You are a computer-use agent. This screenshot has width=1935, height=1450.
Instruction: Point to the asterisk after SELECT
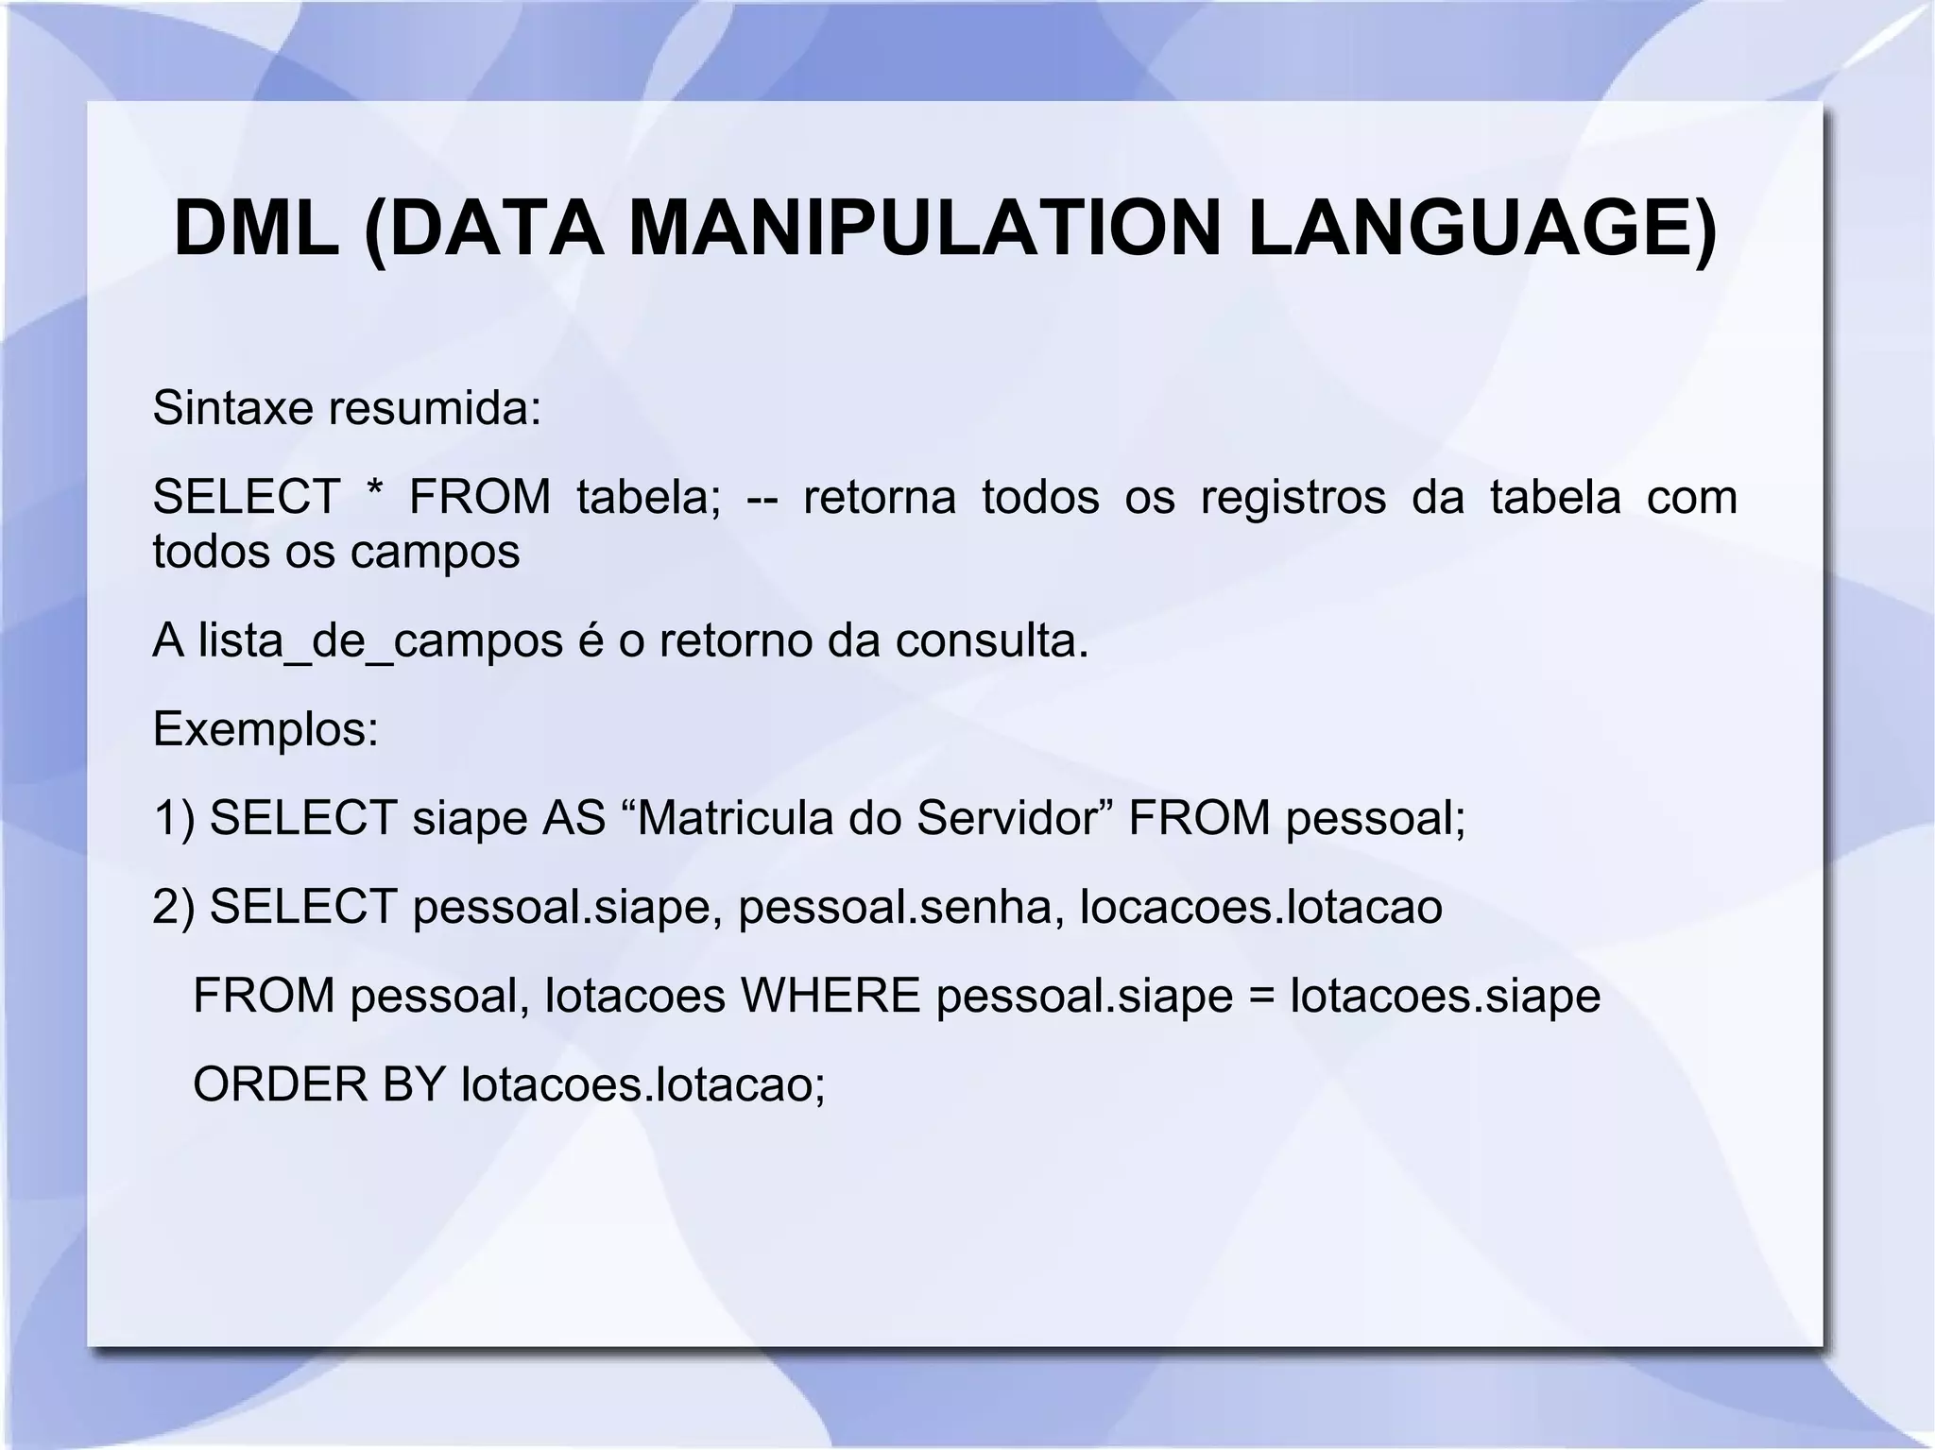click(x=373, y=493)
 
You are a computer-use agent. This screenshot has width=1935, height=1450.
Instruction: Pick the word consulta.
click(x=992, y=640)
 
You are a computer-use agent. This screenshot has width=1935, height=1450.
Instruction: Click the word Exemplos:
click(x=265, y=729)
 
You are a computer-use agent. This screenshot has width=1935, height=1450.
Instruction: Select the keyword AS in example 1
click(x=574, y=818)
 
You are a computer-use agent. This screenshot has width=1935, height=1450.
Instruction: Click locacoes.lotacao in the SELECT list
click(x=1261, y=907)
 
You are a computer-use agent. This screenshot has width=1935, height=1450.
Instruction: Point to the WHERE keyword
click(x=831, y=996)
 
